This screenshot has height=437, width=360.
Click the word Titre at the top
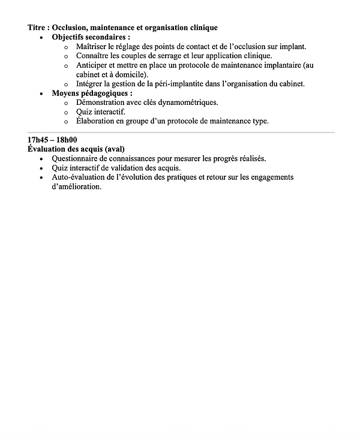pos(38,28)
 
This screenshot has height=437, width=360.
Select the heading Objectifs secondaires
pos(91,37)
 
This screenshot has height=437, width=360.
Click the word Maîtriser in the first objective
pos(92,47)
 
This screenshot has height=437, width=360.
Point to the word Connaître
pos(94,56)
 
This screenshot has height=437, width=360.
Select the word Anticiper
pos(92,65)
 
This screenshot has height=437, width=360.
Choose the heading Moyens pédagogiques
pos(92,94)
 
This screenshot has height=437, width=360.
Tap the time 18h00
pos(67,140)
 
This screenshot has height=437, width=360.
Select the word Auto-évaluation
pos(82,177)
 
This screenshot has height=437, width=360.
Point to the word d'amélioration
pos(77,186)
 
